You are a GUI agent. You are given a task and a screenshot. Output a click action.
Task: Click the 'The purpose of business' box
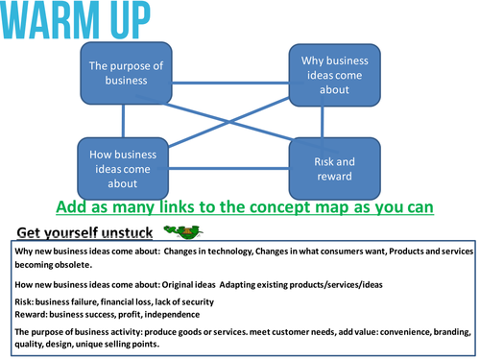[x=124, y=73]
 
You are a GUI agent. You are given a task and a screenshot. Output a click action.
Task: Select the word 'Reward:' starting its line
[x=35, y=314]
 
